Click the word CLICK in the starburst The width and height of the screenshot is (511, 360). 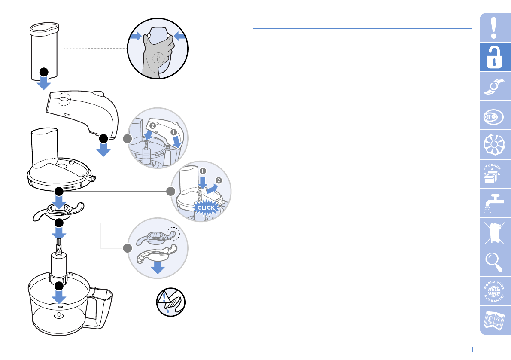[205, 207]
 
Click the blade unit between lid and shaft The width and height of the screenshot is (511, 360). [58, 210]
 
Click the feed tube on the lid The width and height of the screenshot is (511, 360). [44, 146]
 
